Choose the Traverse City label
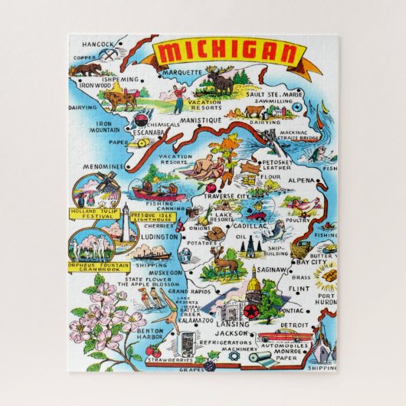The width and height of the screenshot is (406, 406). pyautogui.click(x=228, y=197)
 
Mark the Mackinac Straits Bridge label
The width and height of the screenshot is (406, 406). pyautogui.click(x=300, y=136)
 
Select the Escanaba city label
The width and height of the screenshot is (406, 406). pyautogui.click(x=149, y=131)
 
